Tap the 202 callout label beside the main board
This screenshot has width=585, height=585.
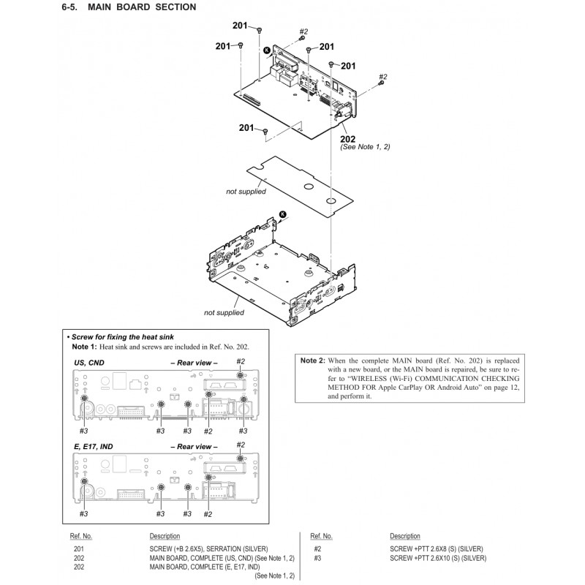pyautogui.click(x=348, y=139)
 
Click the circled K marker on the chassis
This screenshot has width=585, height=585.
pyautogui.click(x=283, y=214)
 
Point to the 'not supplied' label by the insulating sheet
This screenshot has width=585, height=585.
pyautogui.click(x=246, y=192)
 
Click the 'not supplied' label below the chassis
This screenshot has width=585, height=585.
pyautogui.click(x=224, y=312)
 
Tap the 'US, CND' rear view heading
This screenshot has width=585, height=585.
pyautogui.click(x=92, y=362)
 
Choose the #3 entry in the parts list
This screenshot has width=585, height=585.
pyautogui.click(x=317, y=558)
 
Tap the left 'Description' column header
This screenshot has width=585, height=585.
pyautogui.click(x=165, y=536)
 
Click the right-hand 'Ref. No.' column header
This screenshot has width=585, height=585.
pyautogui.click(x=321, y=536)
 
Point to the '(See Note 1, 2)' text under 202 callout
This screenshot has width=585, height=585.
pyautogui.click(x=366, y=147)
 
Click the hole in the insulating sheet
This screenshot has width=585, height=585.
pyautogui.click(x=330, y=199)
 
